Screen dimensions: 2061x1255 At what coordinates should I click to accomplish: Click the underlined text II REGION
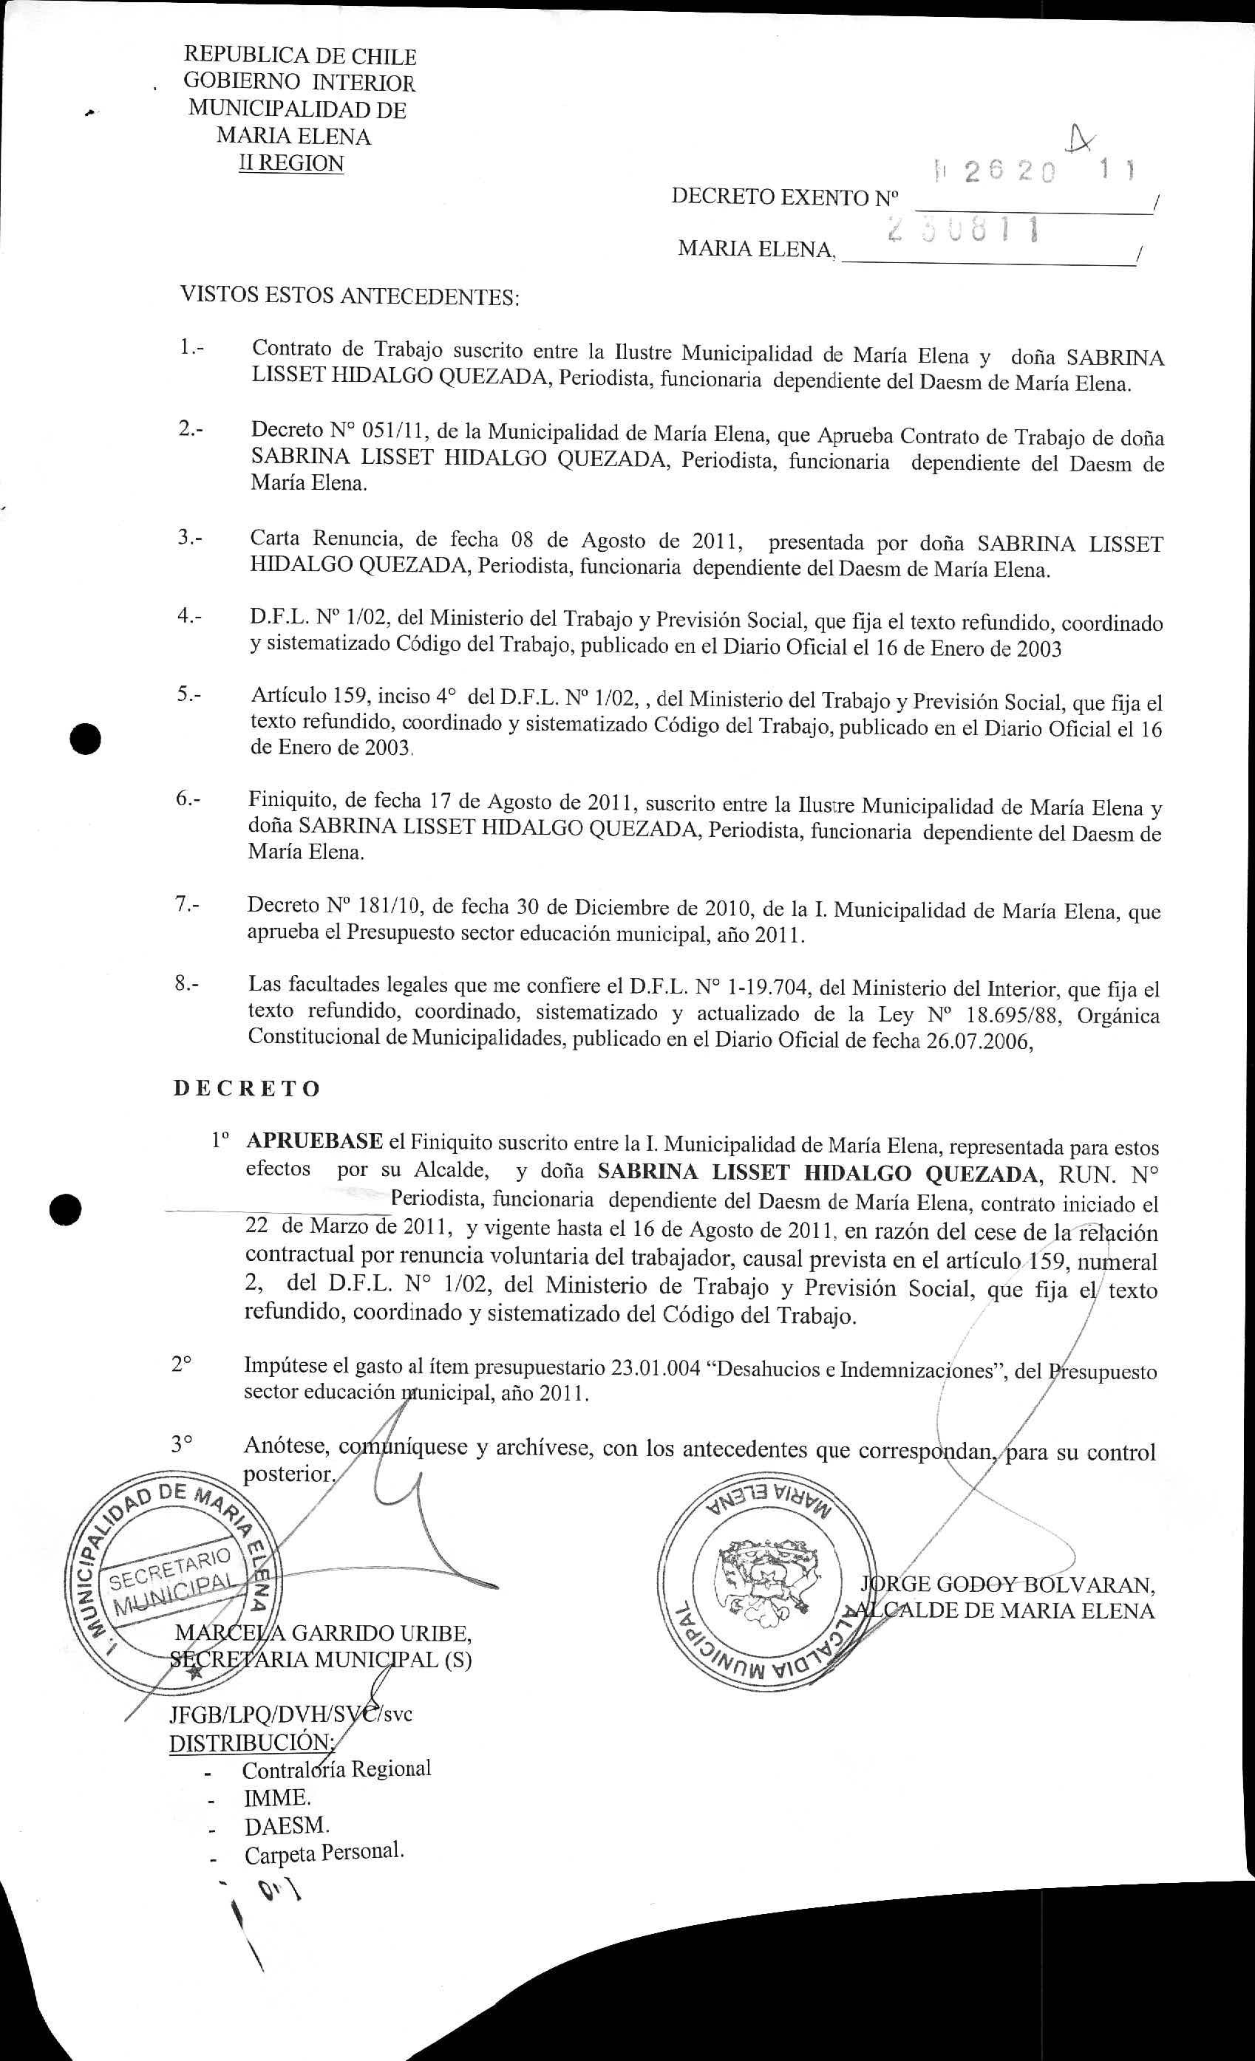tap(291, 163)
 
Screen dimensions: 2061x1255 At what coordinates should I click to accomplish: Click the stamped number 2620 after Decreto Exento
tap(1010, 171)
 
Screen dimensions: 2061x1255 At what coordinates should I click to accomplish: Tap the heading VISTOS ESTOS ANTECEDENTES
tap(350, 296)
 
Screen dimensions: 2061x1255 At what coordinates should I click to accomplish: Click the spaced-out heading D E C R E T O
tap(247, 1088)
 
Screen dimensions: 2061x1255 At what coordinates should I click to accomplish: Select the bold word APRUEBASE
tap(313, 1141)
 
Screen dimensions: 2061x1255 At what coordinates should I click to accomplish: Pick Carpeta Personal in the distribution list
tap(323, 1852)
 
